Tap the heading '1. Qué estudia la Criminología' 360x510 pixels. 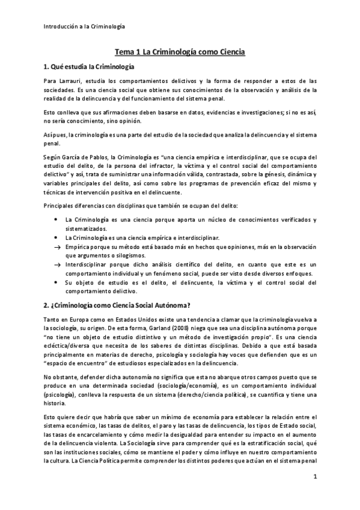pos(89,66)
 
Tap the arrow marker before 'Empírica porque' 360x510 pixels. pos(56,247)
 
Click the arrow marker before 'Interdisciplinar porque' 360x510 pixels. pos(56,264)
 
